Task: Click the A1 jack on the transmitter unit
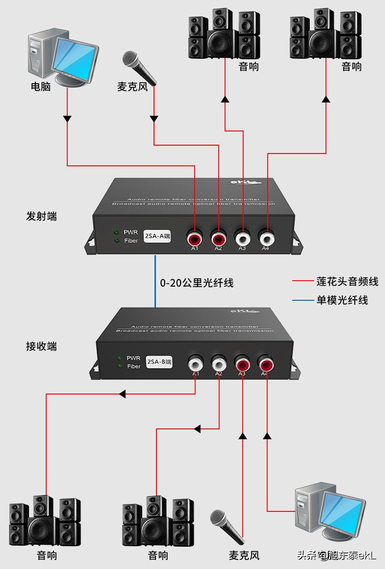pos(195,239)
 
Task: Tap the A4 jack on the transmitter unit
pos(266,238)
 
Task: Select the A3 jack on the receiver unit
pos(242,365)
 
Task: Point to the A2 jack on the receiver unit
pos(219,365)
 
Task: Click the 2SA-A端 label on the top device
pos(157,236)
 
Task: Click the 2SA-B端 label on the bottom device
pos(159,362)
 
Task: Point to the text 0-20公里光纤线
pos(197,283)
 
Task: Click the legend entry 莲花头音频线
pos(347,282)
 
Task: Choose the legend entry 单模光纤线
pos(342,300)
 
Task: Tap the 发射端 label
pos(41,216)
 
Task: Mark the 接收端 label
pos(41,346)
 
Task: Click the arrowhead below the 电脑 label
pos(67,119)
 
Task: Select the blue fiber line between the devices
pos(155,282)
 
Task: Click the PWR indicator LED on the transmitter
pos(117,232)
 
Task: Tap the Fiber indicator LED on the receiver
pos(120,366)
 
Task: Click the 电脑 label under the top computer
pos(41,86)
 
